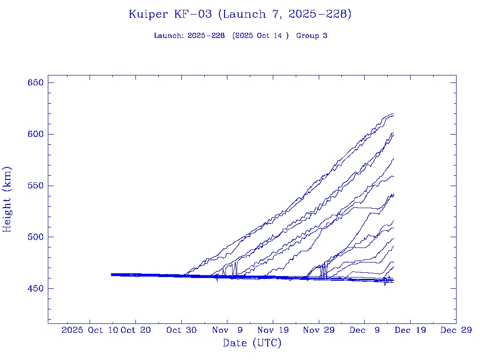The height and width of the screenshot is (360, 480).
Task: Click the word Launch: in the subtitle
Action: (169, 36)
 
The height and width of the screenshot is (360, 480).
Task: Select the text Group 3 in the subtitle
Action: (312, 36)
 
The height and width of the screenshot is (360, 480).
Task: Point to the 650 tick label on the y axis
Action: (36, 83)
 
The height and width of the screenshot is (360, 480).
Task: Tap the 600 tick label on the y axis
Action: (36, 134)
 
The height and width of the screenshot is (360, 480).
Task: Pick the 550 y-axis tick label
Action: (36, 186)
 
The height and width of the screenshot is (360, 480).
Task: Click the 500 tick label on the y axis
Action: (36, 237)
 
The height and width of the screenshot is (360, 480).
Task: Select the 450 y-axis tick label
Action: (36, 288)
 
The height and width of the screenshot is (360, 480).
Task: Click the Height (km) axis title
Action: (7, 199)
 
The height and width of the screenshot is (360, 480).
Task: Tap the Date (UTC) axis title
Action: (252, 343)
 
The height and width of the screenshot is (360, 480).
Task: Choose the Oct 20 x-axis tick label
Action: (135, 330)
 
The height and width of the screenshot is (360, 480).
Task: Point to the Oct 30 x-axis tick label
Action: (181, 330)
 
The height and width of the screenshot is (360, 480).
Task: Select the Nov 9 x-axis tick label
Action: (227, 330)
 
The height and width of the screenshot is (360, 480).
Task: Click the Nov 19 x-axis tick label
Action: (273, 330)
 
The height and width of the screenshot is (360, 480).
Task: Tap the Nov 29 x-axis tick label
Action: (319, 330)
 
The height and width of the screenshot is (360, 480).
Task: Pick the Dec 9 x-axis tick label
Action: (364, 330)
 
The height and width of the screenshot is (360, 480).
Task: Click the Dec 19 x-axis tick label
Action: (410, 330)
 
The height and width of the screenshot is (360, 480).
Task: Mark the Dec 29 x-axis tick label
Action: (456, 330)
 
